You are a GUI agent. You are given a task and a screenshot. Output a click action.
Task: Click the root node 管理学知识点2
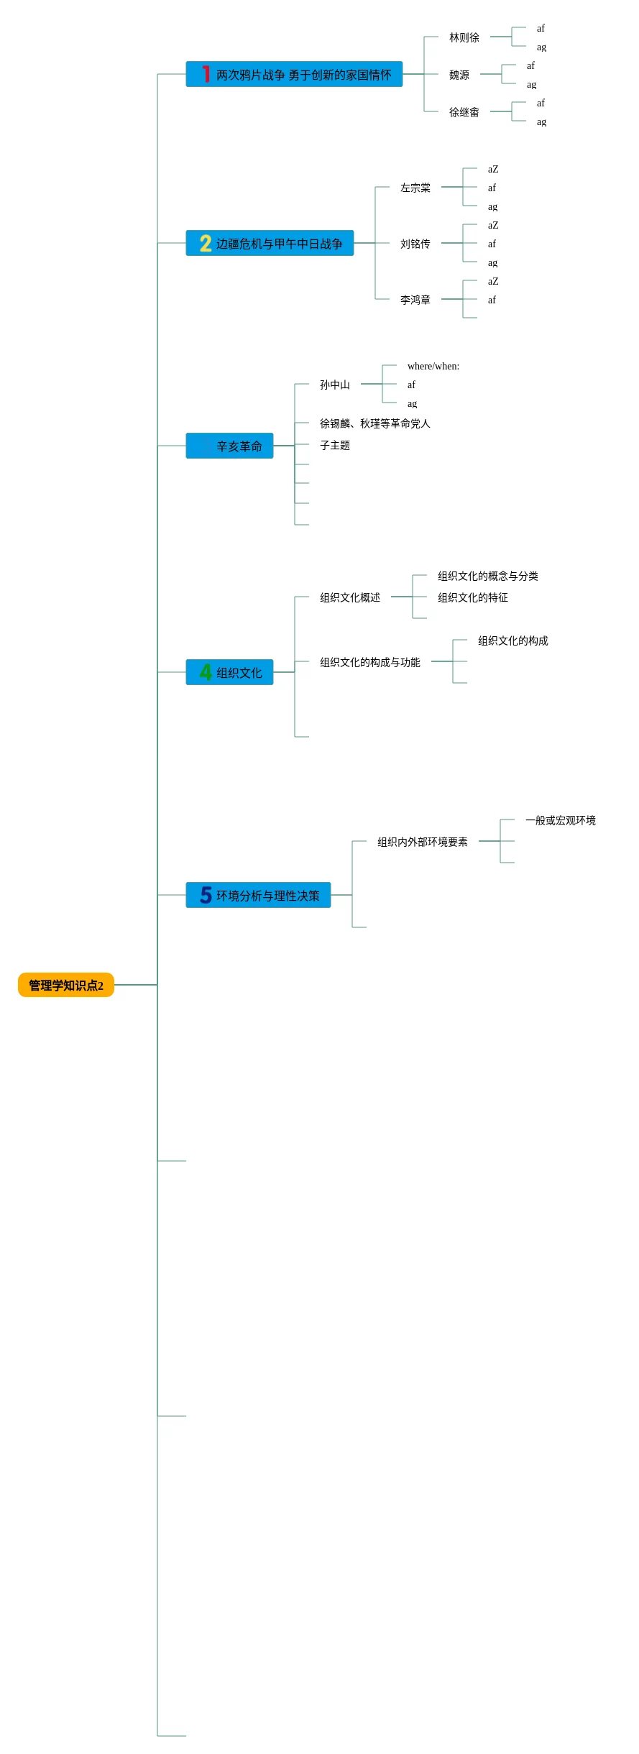(66, 985)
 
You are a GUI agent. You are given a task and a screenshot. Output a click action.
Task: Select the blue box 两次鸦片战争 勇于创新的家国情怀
(294, 74)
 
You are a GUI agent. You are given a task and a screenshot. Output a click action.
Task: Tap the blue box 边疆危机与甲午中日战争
(270, 243)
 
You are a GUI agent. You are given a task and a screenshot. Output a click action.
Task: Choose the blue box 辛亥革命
(229, 446)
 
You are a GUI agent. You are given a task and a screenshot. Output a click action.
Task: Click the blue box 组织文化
(229, 672)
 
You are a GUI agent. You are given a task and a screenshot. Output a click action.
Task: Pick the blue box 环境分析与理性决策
(258, 895)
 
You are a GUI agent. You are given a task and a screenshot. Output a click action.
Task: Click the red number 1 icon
(206, 74)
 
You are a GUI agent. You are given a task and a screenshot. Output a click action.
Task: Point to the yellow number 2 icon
(206, 243)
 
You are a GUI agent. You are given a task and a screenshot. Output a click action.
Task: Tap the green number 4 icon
(206, 672)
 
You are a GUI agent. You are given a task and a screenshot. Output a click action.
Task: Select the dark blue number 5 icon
(206, 895)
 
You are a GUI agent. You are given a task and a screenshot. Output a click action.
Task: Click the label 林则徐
(464, 37)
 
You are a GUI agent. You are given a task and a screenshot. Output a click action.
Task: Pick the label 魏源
(459, 75)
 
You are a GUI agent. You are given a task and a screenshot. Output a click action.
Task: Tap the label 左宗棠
(415, 188)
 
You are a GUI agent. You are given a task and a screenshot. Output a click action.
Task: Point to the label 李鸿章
(415, 300)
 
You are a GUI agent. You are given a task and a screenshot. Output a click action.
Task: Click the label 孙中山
(334, 385)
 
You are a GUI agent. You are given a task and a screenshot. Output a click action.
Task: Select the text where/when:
(433, 367)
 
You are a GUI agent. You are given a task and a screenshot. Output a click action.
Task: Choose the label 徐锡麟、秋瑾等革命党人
(374, 423)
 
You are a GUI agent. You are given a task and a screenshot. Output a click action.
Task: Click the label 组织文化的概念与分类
(487, 576)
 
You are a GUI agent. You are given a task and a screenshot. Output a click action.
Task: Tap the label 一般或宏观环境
(560, 820)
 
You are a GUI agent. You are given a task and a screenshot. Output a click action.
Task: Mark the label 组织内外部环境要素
(422, 842)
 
